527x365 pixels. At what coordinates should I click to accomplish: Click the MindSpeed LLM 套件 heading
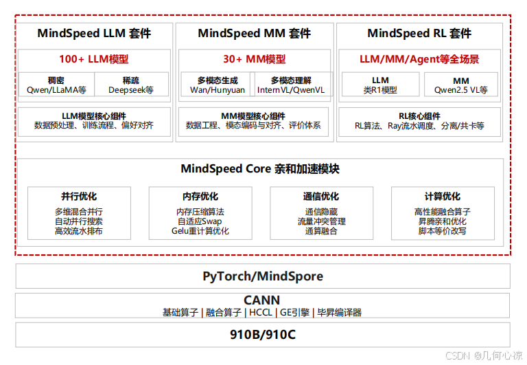coord(94,33)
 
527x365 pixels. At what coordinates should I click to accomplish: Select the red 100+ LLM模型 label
coord(93,59)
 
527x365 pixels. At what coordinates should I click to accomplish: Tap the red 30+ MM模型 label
coord(254,59)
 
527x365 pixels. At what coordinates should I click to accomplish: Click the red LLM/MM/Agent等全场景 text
coord(419,59)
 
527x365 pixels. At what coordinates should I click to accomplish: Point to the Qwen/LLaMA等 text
coord(56,90)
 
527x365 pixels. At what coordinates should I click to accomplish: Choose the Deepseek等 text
coord(130,90)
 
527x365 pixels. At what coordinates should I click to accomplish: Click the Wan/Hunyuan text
coord(217,90)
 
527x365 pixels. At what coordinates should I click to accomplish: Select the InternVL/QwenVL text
coord(291,90)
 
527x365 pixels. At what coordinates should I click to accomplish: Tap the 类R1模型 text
coord(380,90)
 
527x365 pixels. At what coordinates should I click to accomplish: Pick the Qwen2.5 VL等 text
coord(460,90)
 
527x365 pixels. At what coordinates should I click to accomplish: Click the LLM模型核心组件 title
coord(93,116)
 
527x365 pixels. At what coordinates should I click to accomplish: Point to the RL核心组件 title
coord(419,116)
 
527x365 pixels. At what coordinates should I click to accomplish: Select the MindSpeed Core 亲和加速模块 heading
coord(260,168)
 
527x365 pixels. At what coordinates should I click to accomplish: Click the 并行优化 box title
coord(79,197)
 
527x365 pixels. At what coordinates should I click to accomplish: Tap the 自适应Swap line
coord(200,221)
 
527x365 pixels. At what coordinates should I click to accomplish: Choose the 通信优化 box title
coord(321,197)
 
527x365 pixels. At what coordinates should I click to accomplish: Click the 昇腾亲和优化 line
coord(442,221)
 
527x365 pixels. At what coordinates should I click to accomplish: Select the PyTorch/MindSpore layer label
coord(263,276)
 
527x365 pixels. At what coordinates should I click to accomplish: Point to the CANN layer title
coord(262,300)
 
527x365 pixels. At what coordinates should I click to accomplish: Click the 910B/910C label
coord(262,335)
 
